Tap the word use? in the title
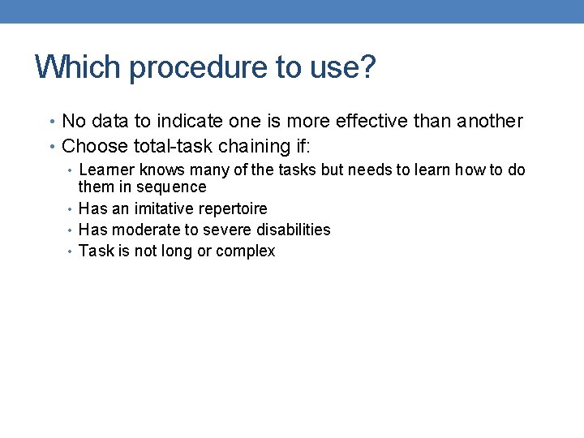point(342,67)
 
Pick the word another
point(490,121)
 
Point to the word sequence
point(171,187)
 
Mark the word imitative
point(163,208)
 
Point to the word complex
point(247,251)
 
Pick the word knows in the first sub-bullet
point(160,170)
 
